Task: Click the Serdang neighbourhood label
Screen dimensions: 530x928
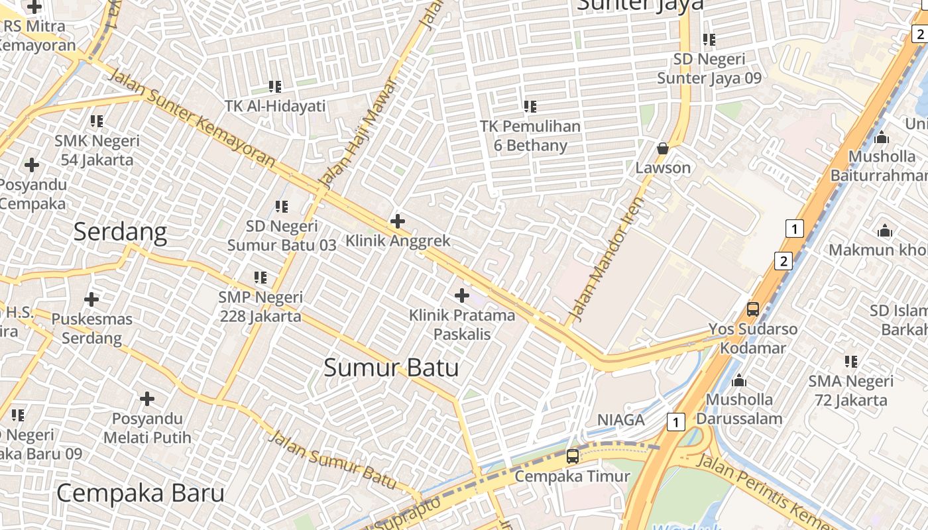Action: point(120,232)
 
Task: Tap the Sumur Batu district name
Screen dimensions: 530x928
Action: point(391,367)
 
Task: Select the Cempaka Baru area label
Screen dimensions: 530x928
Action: point(140,493)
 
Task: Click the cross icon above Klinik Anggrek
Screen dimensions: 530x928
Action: point(398,221)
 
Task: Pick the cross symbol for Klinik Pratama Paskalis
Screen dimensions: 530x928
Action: point(462,295)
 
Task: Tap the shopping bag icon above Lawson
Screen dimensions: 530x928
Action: point(662,148)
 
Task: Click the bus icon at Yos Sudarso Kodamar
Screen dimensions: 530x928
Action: point(752,309)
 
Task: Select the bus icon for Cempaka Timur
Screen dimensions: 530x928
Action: point(572,456)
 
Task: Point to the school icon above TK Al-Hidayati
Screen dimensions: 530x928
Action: point(275,86)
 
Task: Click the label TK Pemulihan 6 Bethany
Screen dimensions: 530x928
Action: point(530,135)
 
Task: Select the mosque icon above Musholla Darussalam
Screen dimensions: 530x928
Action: point(739,381)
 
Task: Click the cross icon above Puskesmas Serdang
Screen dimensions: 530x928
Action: point(91,299)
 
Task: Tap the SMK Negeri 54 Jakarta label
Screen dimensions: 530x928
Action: point(97,150)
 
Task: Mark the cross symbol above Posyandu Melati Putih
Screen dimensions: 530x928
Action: point(147,399)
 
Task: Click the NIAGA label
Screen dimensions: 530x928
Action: point(621,420)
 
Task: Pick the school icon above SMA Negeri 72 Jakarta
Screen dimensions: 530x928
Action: point(851,362)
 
